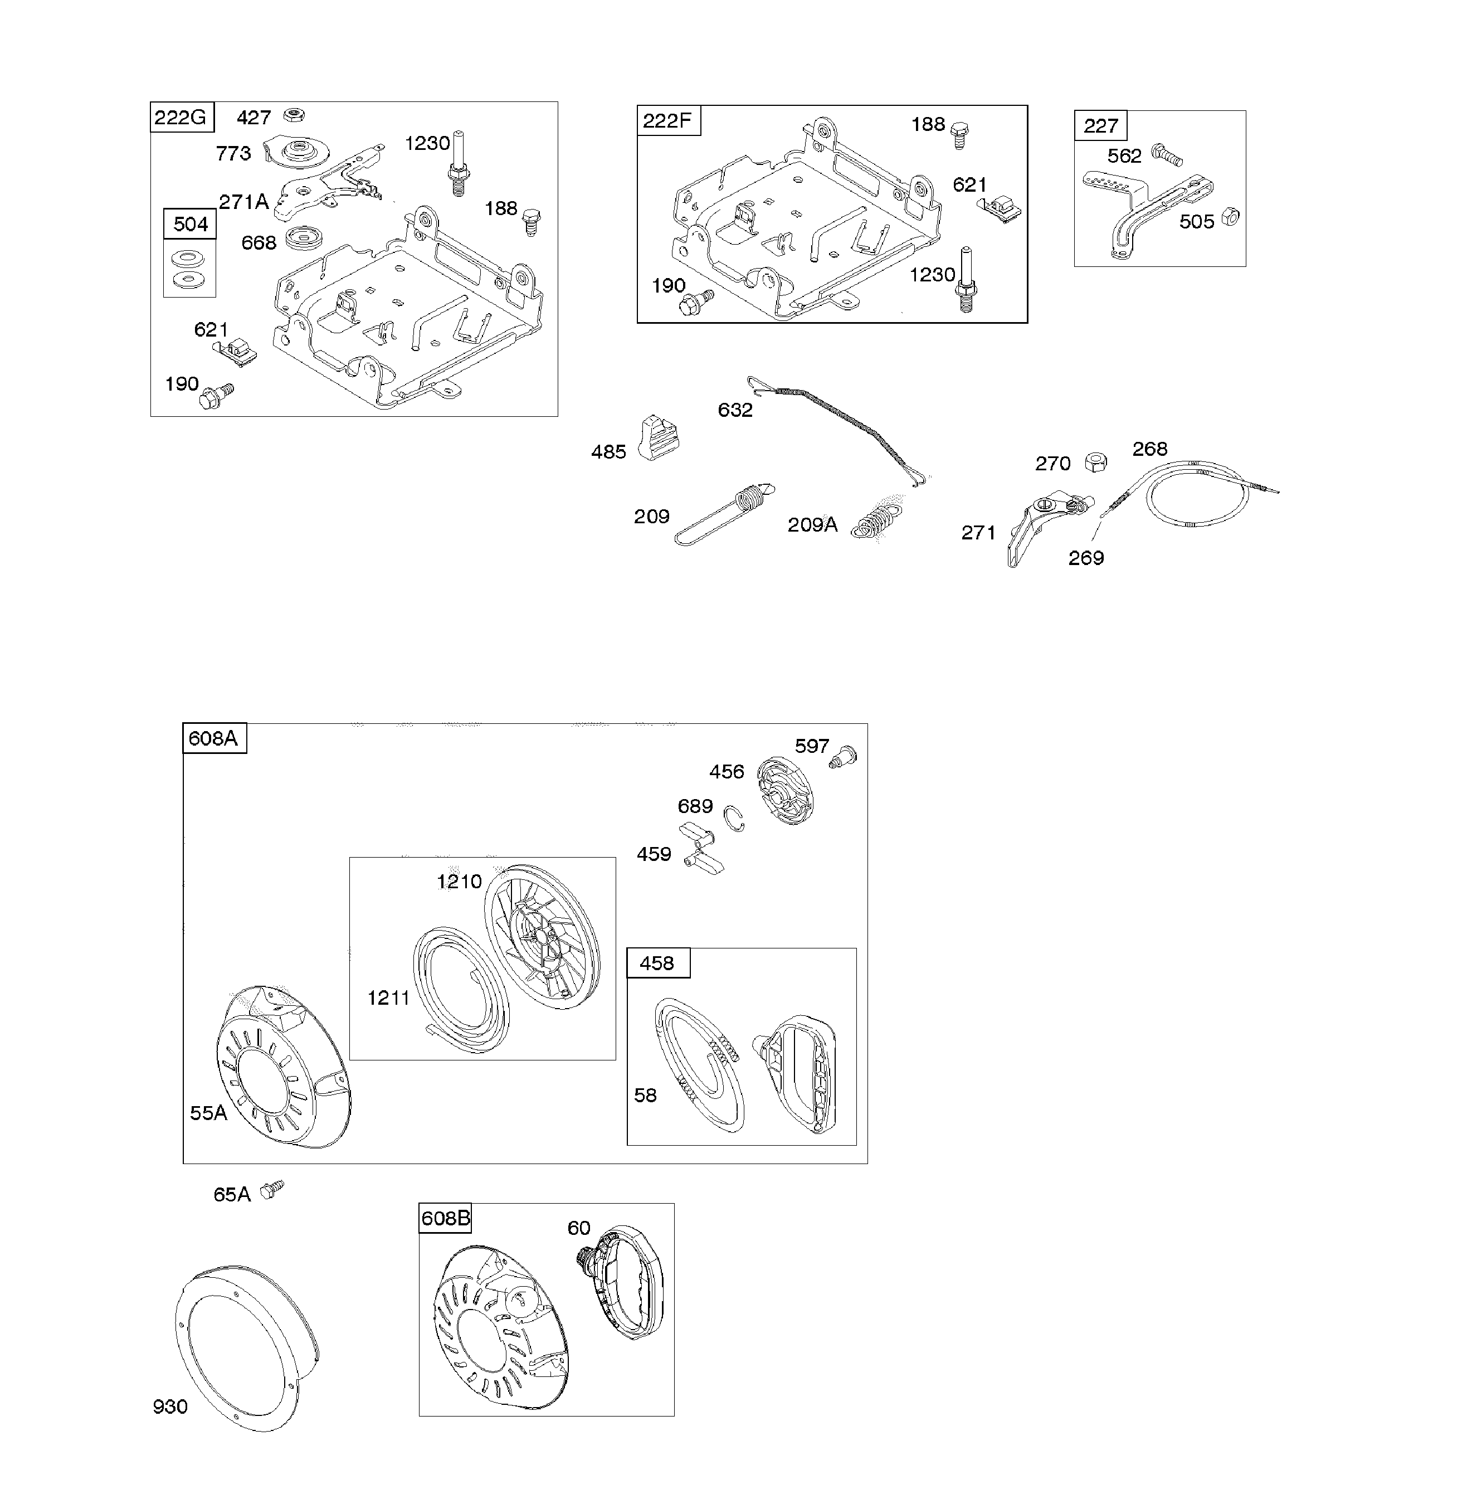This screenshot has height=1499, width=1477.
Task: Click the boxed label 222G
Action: click(x=181, y=117)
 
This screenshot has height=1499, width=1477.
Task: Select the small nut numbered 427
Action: click(x=293, y=115)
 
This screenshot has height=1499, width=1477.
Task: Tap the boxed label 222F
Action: click(x=667, y=121)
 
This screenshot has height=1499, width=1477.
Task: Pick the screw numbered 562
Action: click(x=1166, y=154)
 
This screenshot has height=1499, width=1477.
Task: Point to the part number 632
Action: click(x=735, y=410)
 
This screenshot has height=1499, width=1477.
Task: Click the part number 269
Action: click(x=1085, y=557)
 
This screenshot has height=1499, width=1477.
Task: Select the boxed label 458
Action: click(x=657, y=963)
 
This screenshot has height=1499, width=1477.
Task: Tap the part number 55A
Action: click(x=208, y=1113)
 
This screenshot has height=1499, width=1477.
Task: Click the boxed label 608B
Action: click(x=445, y=1218)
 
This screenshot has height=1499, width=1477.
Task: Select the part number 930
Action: click(x=170, y=1406)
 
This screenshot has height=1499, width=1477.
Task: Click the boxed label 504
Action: click(x=190, y=224)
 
